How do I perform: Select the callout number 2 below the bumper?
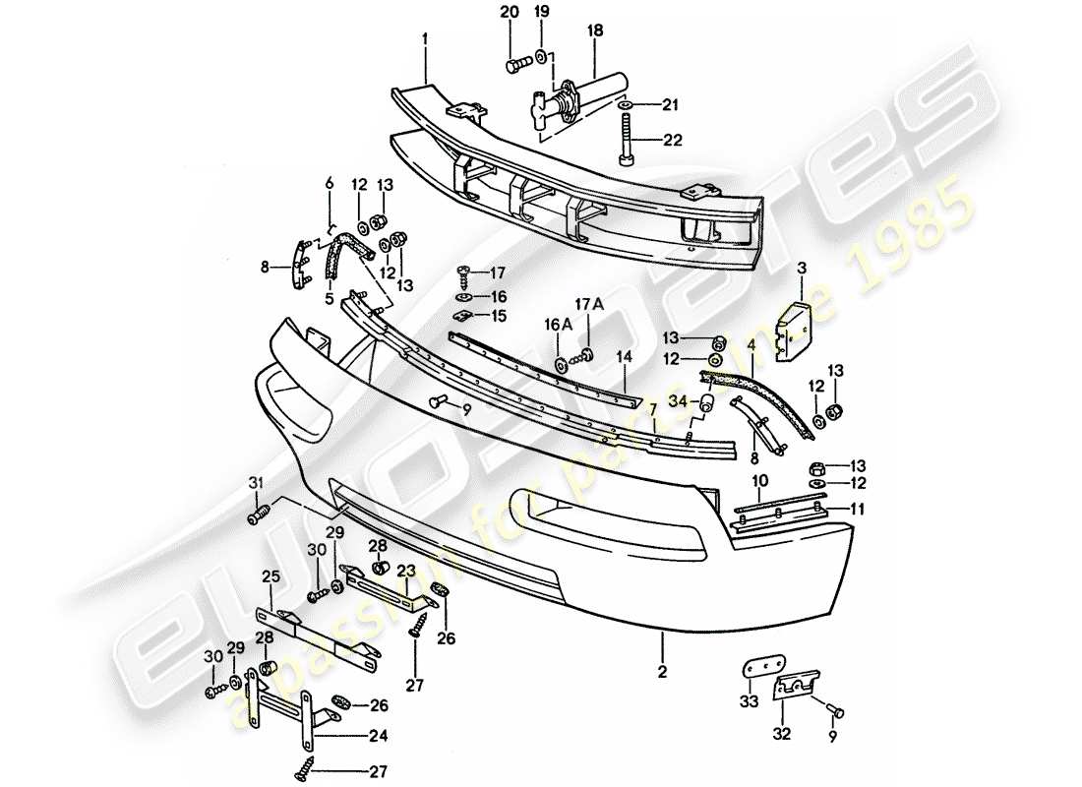pos(663,673)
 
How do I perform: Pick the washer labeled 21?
pos(625,105)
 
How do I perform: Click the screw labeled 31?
pos(261,514)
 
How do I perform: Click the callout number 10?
pos(759,480)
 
